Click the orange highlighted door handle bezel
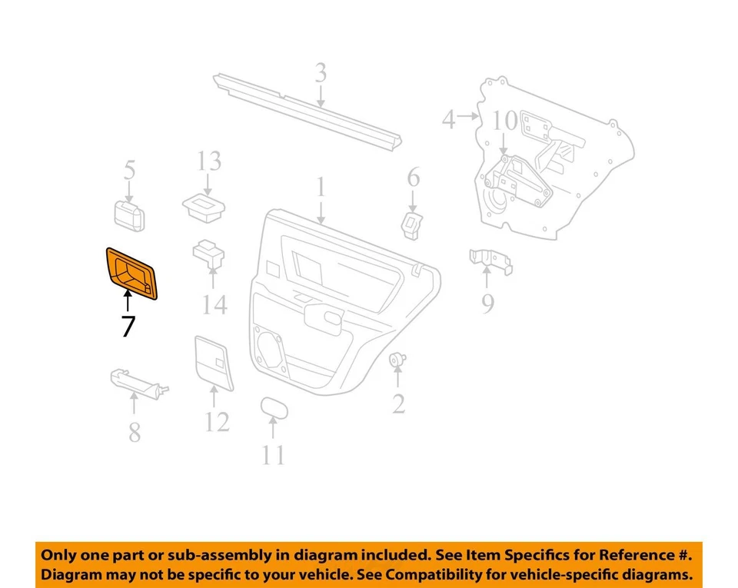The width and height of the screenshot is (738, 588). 131,273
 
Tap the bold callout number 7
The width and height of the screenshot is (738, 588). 128,326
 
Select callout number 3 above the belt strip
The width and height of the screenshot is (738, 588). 321,74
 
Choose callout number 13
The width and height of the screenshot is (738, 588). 208,161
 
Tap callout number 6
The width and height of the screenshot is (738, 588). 414,178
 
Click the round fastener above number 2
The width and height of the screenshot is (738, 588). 397,359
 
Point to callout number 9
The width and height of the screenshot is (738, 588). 487,304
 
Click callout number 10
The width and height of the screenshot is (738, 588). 505,121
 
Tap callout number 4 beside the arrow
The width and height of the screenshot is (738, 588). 449,119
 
